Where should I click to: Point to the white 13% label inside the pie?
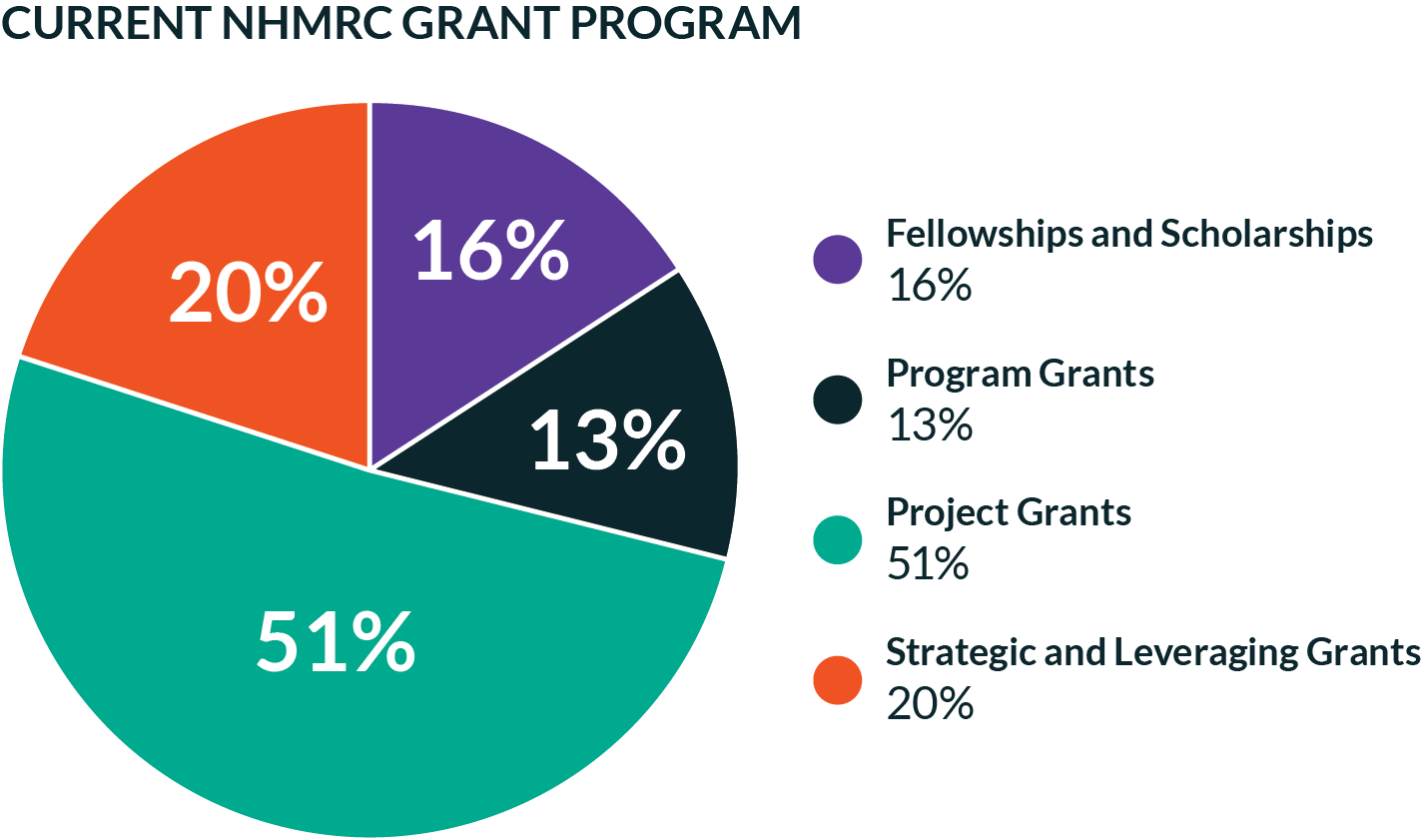607,440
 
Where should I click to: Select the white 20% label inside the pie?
248,293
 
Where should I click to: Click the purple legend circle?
837,260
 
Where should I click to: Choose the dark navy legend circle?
837,400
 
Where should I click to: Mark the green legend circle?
837,539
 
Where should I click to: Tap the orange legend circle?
837,679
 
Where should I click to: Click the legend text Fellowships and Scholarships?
1129,234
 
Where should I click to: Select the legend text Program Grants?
1020,374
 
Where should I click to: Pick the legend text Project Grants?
1009,513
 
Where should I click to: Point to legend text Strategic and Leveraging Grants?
1152,652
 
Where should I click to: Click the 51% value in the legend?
928,565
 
